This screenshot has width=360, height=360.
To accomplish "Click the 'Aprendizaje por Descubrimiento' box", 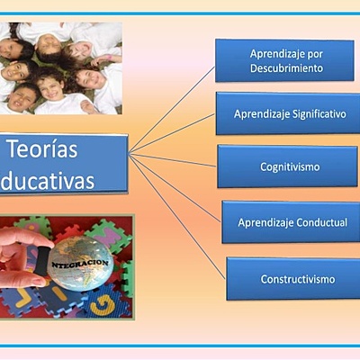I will [284, 60].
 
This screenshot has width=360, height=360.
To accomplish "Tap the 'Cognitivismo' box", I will [289, 166].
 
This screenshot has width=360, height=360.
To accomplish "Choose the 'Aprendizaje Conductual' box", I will [291, 222].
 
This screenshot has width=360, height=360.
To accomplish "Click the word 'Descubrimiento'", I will [286, 68].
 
